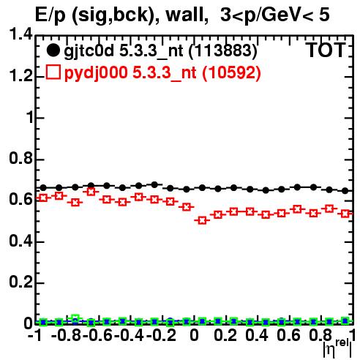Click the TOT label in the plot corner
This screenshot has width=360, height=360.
326,50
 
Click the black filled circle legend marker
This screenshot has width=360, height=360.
53,50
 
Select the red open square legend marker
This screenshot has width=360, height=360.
53,72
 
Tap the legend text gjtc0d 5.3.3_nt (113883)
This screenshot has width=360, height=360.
161,51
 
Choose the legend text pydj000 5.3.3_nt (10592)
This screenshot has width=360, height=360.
162,72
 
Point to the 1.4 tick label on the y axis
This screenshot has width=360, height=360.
20,34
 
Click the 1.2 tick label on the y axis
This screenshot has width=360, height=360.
20,75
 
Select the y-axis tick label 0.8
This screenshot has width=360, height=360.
20,158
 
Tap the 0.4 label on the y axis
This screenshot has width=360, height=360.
20,241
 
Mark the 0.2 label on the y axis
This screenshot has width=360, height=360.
20,282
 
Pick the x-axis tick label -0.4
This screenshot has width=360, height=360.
130,335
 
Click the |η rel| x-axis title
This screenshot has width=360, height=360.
337,348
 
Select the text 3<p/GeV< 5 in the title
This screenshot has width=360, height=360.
275,15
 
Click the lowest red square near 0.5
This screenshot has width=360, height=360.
202,220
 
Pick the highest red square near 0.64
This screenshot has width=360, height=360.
91,192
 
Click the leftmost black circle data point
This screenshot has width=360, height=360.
43,188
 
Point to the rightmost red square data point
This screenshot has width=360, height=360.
345,214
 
